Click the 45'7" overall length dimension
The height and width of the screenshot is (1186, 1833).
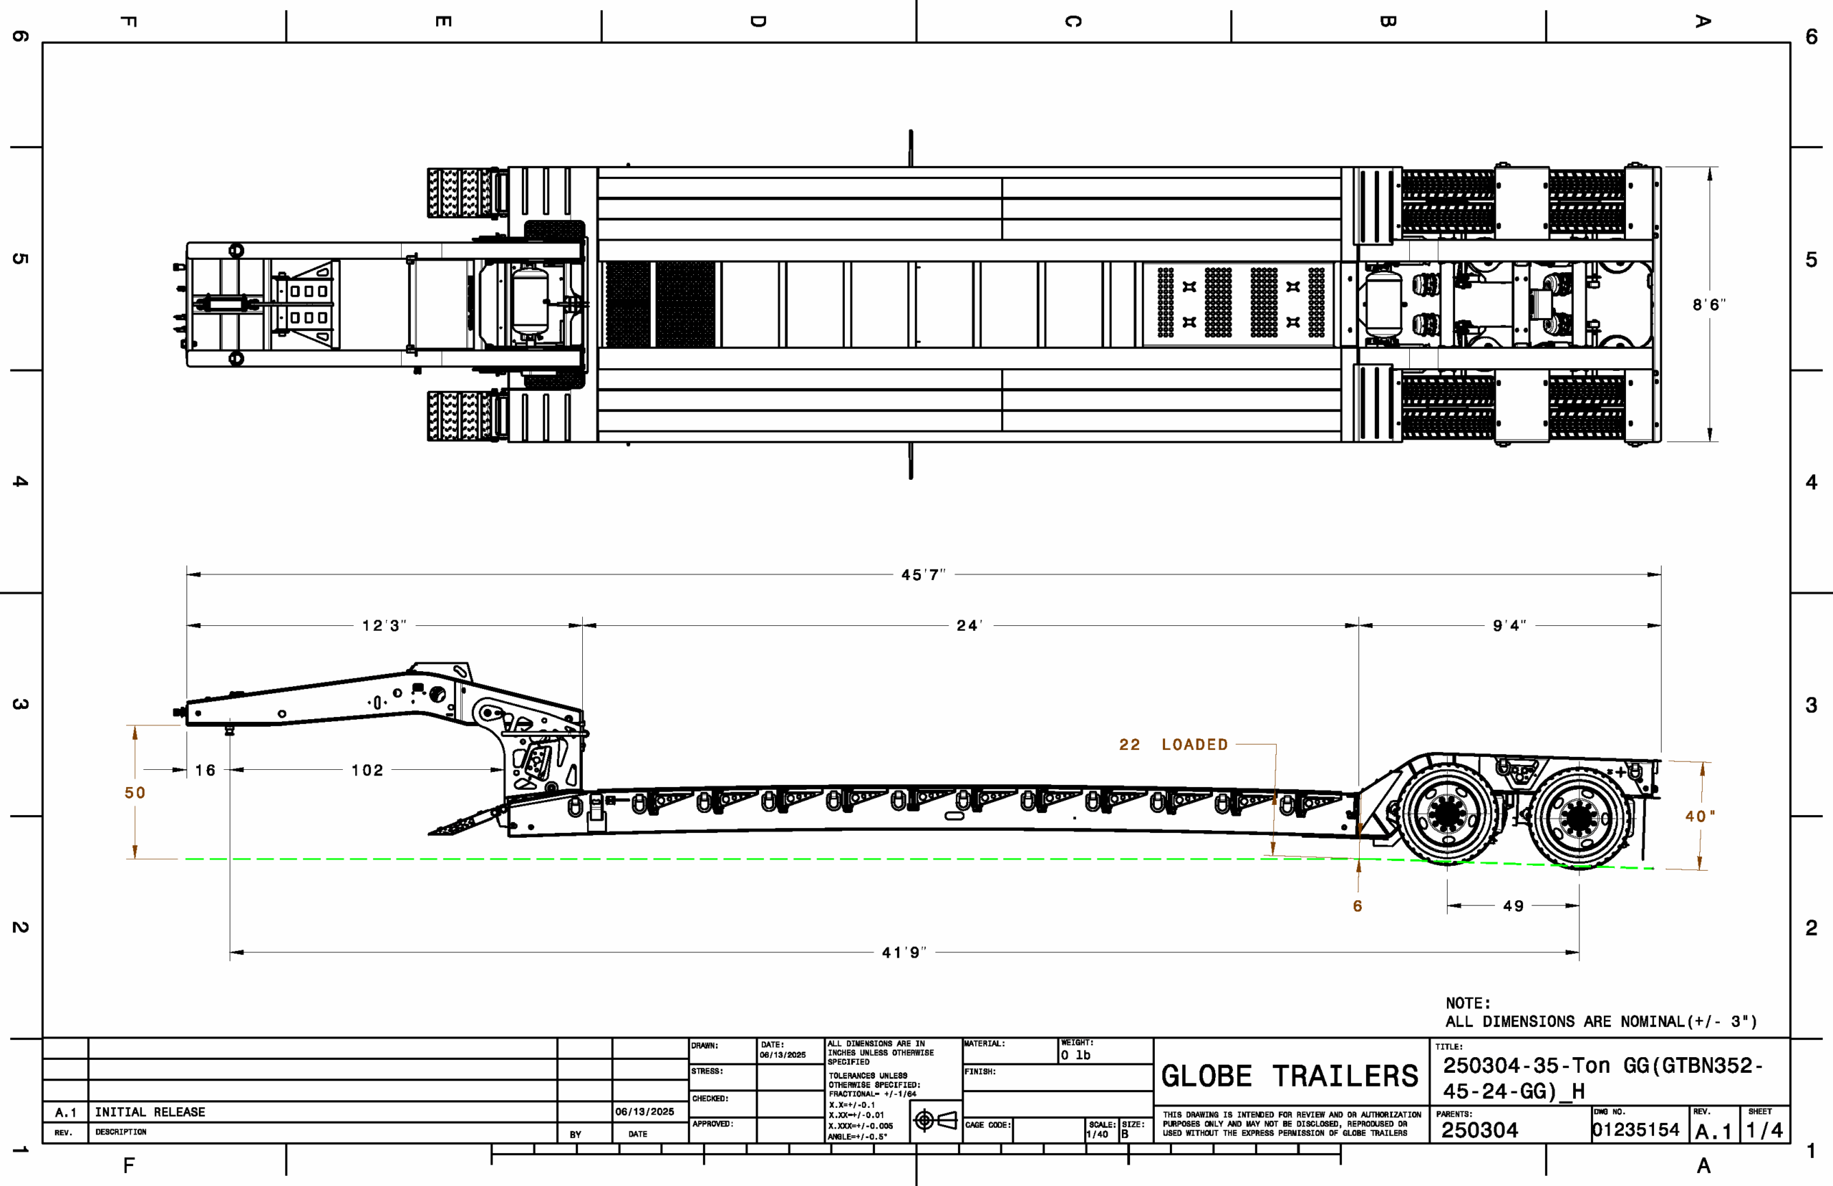click(923, 575)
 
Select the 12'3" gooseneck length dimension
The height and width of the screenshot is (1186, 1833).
click(385, 626)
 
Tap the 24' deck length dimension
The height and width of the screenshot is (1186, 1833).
click(969, 626)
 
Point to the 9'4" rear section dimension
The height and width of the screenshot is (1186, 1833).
click(1509, 626)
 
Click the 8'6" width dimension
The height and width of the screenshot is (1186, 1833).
click(1708, 305)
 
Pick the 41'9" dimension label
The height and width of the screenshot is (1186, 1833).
click(904, 953)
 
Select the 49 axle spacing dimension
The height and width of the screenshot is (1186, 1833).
click(1514, 907)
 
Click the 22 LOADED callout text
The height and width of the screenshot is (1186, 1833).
click(1174, 745)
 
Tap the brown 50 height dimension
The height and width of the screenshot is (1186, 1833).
click(135, 794)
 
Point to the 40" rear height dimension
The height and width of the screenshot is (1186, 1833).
click(1700, 816)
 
